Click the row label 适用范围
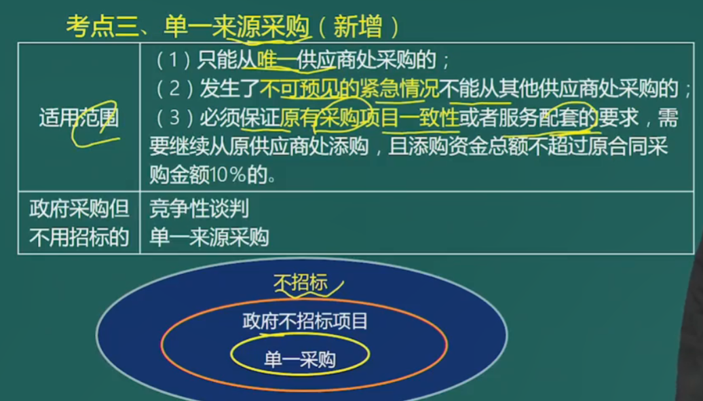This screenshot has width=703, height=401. pyautogui.click(x=79, y=118)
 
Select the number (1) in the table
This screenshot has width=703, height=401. pyautogui.click(x=174, y=60)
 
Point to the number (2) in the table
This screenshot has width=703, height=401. pyautogui.click(x=174, y=89)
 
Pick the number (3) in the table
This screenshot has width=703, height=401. pyautogui.click(x=174, y=117)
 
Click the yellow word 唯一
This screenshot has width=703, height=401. pyautogui.click(x=277, y=60)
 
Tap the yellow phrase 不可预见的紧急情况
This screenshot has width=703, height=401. pyautogui.click(x=349, y=89)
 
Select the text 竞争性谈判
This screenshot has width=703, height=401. pyautogui.click(x=199, y=209)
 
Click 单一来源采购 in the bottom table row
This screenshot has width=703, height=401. pyautogui.click(x=209, y=237)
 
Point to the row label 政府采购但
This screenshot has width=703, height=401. pyautogui.click(x=79, y=209)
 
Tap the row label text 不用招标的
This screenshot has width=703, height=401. pyautogui.click(x=79, y=237)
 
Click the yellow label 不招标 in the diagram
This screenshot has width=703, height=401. pyautogui.click(x=301, y=282)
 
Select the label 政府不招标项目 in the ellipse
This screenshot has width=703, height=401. pyautogui.click(x=305, y=321)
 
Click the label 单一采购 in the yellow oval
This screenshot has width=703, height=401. pyautogui.click(x=300, y=360)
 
